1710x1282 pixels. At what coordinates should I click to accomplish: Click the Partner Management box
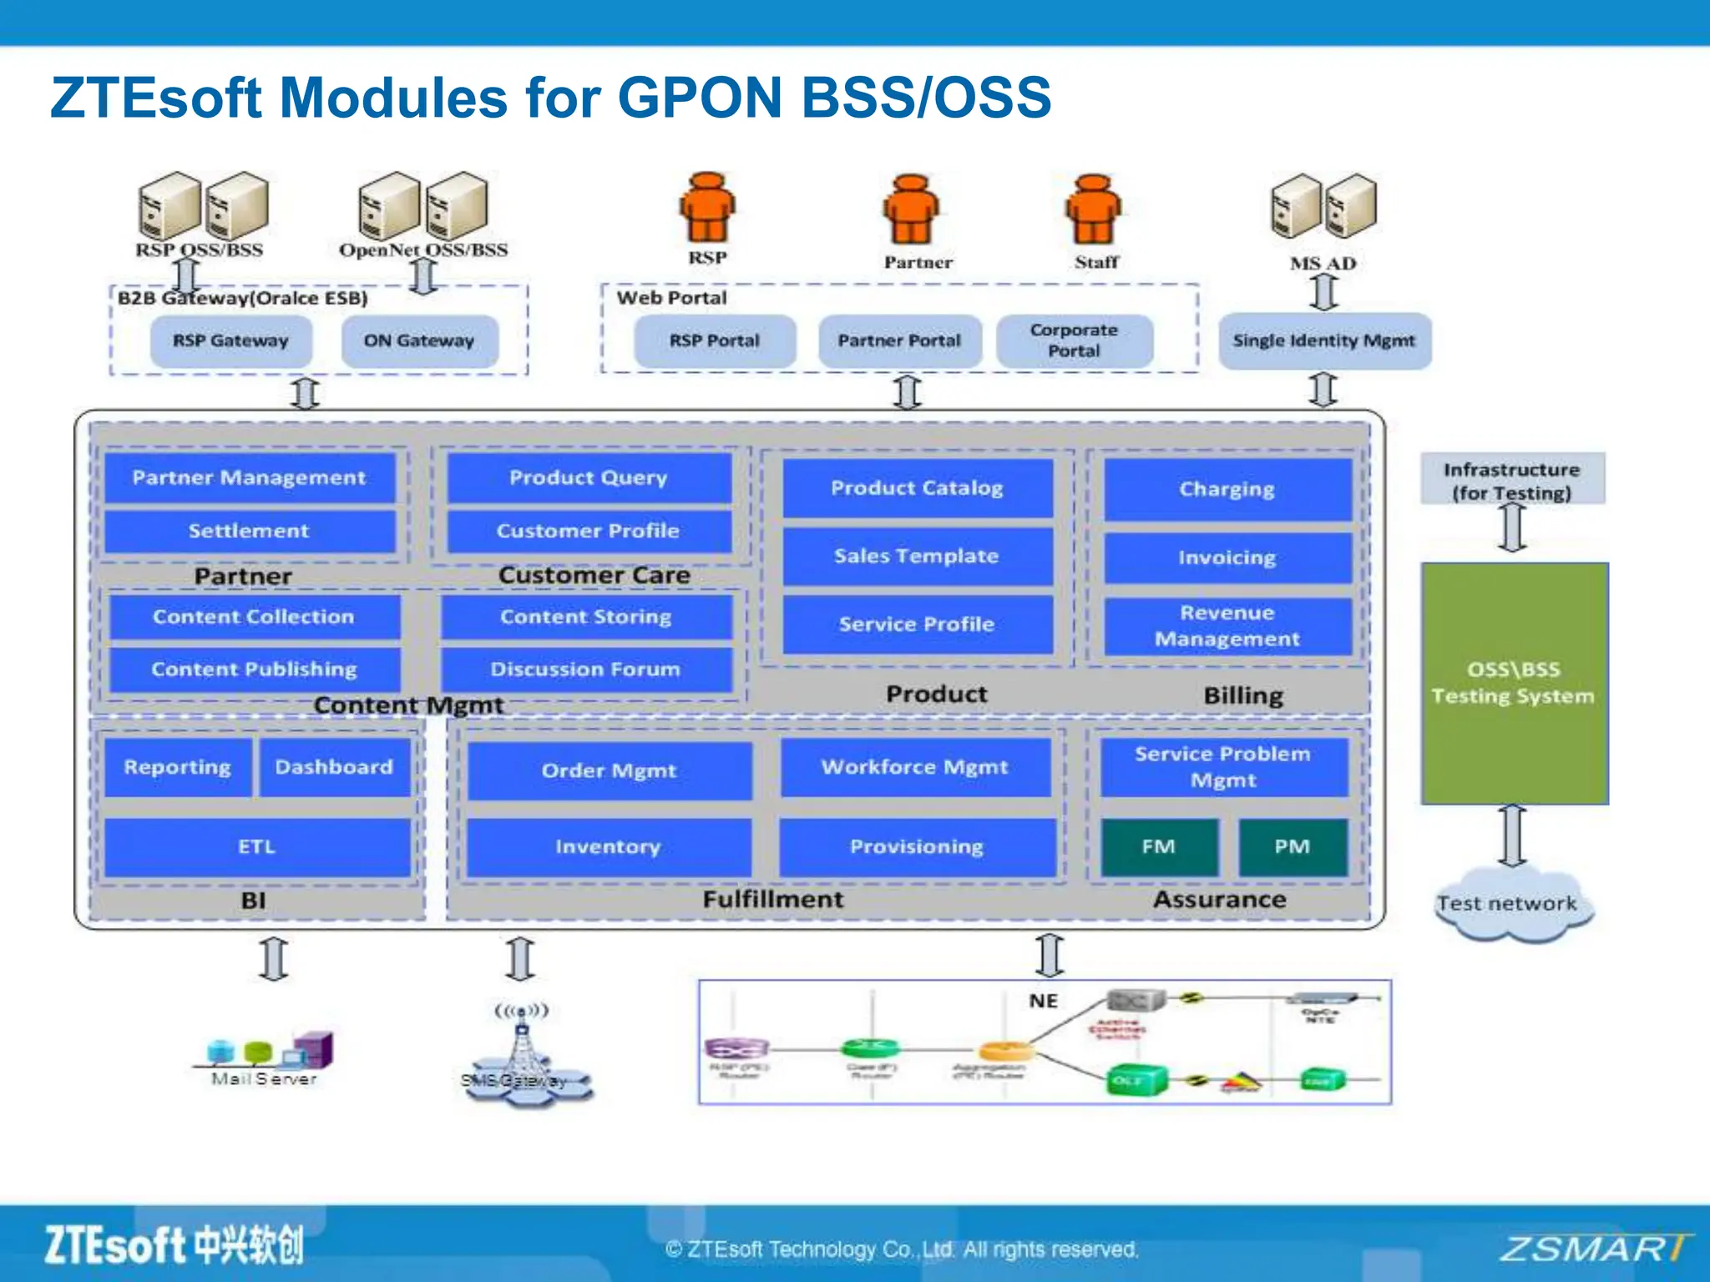pyautogui.click(x=249, y=477)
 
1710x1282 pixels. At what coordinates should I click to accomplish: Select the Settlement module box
pyautogui.click(x=249, y=531)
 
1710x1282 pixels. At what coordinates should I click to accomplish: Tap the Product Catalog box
pyautogui.click(x=917, y=488)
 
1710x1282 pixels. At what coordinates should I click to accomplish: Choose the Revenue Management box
pyautogui.click(x=1227, y=626)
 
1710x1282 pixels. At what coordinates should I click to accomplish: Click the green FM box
pyautogui.click(x=1158, y=846)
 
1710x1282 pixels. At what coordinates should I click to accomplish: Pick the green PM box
pyautogui.click(x=1292, y=846)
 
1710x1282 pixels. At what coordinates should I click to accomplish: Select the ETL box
pyautogui.click(x=256, y=846)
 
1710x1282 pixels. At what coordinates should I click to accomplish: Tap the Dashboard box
pyautogui.click(x=334, y=767)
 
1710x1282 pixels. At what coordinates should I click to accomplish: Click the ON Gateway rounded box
pyautogui.click(x=419, y=341)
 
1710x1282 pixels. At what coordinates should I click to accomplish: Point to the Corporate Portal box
pyautogui.click(x=1074, y=341)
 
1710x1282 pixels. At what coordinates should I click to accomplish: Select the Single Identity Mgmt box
pyautogui.click(x=1324, y=341)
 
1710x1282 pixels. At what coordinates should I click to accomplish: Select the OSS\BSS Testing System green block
pyautogui.click(x=1514, y=683)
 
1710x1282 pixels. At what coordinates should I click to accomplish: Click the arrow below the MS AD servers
pyautogui.click(x=1324, y=292)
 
